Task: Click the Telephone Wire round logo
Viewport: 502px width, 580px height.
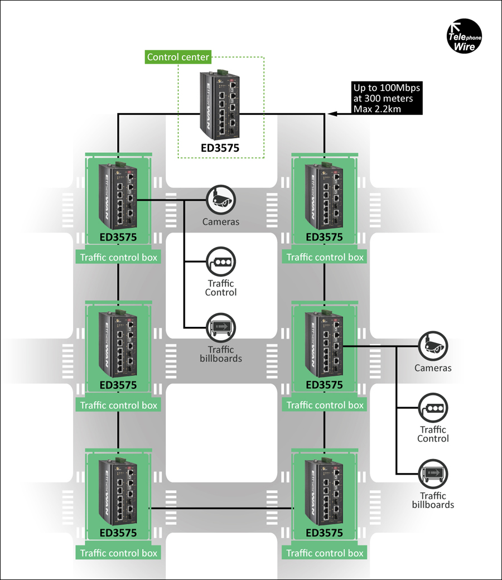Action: [464, 36]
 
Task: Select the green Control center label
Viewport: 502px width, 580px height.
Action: [178, 57]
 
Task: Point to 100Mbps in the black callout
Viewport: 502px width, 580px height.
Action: [400, 88]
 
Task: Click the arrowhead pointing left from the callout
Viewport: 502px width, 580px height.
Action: [332, 114]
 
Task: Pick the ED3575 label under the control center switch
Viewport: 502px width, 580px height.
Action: [220, 148]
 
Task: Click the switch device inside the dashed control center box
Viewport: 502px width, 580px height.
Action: [220, 105]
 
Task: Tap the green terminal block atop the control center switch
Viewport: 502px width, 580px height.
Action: [222, 72]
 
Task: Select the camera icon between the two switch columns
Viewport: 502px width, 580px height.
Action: [221, 200]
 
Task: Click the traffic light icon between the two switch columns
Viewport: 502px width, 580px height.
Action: [221, 262]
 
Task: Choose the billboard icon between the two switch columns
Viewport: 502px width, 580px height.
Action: [221, 327]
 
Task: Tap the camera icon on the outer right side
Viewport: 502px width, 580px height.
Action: [433, 346]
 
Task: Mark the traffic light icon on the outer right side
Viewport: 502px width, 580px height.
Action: [433, 408]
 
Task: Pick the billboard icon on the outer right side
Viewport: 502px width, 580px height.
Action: [433, 474]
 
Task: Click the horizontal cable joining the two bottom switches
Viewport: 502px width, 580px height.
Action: [221, 508]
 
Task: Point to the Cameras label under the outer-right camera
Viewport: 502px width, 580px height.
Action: [433, 368]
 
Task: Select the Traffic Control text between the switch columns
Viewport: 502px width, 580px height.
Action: [221, 288]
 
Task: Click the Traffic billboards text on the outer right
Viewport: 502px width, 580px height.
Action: [433, 500]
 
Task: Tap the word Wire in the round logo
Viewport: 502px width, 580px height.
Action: [464, 47]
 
